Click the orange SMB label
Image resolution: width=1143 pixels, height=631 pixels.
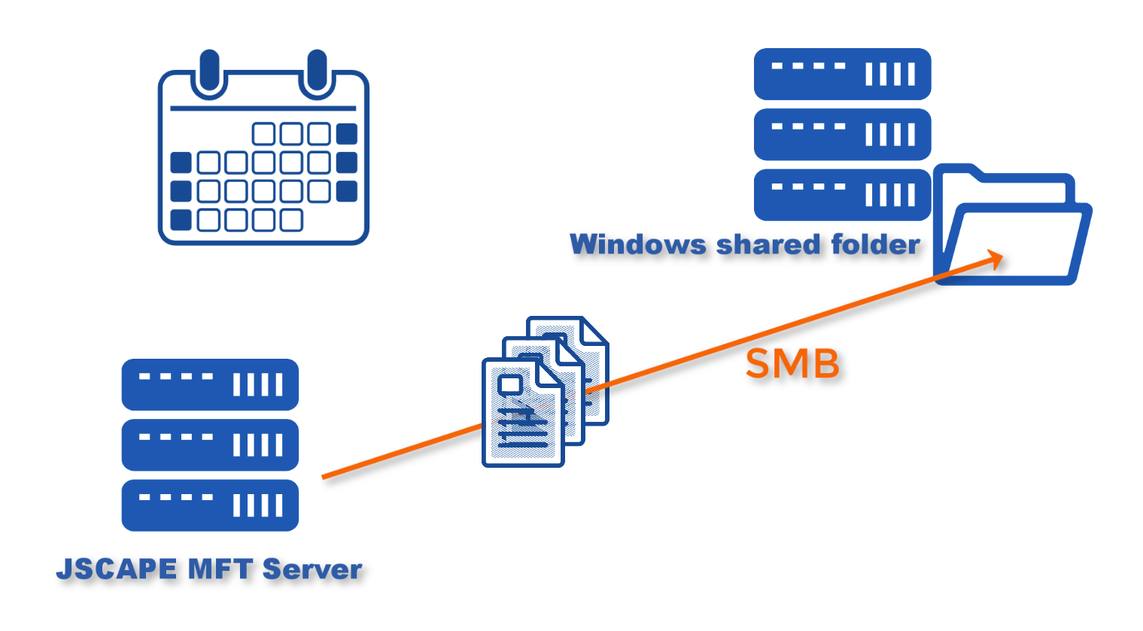(x=792, y=364)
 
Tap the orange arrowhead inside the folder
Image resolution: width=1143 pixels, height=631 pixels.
(x=995, y=259)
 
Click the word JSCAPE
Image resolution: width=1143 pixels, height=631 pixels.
(x=117, y=569)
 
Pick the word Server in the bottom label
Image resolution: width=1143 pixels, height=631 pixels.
(x=312, y=569)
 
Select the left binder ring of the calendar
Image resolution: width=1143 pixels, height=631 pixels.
(x=209, y=74)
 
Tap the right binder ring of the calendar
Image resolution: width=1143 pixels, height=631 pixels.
(x=317, y=74)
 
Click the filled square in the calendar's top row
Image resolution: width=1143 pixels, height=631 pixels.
(x=346, y=134)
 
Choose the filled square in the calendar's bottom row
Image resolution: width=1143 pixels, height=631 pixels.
(x=181, y=220)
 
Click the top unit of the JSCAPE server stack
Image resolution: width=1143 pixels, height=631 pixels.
(x=210, y=384)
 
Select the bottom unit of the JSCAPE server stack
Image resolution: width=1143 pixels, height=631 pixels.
(x=210, y=505)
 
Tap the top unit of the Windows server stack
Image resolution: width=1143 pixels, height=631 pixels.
(x=842, y=74)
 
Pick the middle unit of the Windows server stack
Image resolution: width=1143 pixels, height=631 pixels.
(x=842, y=135)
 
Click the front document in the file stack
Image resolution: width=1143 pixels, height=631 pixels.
(x=521, y=414)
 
